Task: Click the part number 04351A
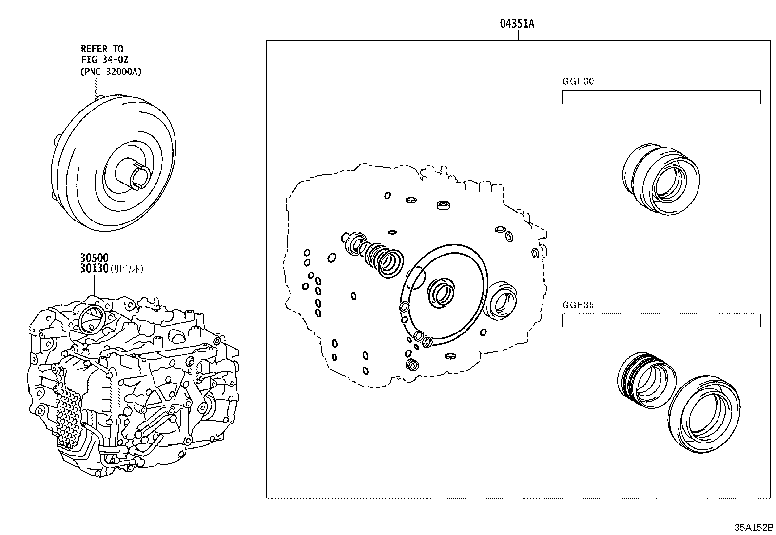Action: pos(517,24)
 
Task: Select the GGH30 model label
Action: pos(578,82)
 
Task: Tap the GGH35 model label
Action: pos(578,306)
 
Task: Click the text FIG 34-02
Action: pos(104,60)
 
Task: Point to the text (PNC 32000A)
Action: pos(111,71)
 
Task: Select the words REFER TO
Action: pos(102,49)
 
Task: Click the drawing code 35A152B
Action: pos(754,527)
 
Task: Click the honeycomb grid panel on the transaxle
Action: pos(68,414)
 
